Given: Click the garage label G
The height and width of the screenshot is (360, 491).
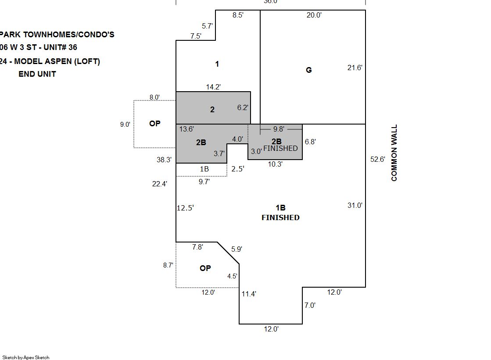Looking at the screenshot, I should [308, 70].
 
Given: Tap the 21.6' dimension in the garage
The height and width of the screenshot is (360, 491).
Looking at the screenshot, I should [355, 68].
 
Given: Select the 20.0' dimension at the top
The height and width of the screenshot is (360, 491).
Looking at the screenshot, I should [314, 15].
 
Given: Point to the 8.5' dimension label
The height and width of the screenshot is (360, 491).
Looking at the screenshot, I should [238, 15].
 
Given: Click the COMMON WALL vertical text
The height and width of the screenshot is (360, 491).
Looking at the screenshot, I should [394, 153].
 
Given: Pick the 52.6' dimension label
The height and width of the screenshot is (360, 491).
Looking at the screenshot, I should [377, 159].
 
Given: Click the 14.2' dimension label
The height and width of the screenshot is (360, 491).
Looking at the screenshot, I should [213, 87].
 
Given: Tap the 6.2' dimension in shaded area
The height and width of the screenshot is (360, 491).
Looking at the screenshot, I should [243, 107].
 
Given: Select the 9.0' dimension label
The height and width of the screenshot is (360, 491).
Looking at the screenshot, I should [125, 124].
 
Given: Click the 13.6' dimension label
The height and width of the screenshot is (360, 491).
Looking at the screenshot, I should [186, 129].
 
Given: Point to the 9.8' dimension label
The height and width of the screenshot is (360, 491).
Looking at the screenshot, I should [279, 129].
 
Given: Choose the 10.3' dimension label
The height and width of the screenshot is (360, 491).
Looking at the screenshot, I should [275, 164].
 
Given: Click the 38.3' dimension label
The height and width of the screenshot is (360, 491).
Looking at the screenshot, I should [164, 160].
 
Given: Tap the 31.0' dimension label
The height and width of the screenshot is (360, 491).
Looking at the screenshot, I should [355, 205].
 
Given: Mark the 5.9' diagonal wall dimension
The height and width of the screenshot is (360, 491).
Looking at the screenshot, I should [237, 249].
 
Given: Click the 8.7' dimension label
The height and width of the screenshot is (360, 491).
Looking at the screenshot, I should [168, 265].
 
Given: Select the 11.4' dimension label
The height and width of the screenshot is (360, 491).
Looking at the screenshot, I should [249, 294].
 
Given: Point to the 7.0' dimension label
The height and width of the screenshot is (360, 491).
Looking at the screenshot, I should [310, 305].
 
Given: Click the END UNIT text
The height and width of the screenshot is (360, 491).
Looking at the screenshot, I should [37, 74].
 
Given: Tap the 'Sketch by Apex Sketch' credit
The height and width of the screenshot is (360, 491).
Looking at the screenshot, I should [26, 357].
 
